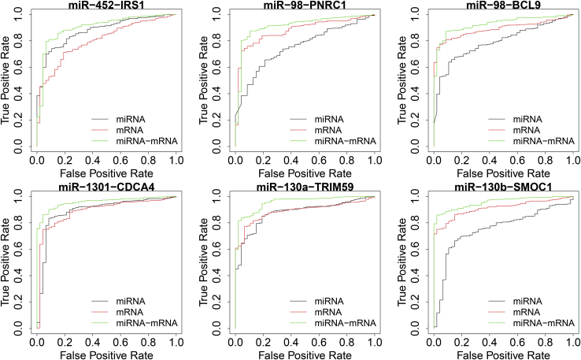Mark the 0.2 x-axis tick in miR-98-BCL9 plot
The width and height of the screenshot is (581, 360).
point(461,160)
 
